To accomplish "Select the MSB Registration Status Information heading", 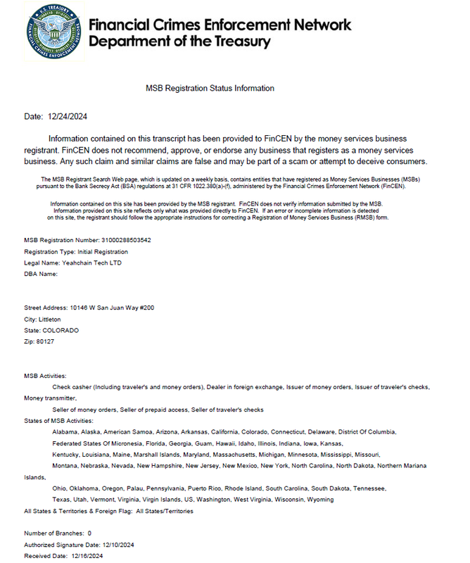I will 210,88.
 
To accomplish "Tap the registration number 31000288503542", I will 126,240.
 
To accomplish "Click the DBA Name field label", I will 40,274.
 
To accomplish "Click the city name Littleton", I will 49,319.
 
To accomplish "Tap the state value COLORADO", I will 61,330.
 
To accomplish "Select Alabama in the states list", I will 65,431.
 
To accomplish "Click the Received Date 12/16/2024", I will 87,556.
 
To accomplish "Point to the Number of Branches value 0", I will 89,533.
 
